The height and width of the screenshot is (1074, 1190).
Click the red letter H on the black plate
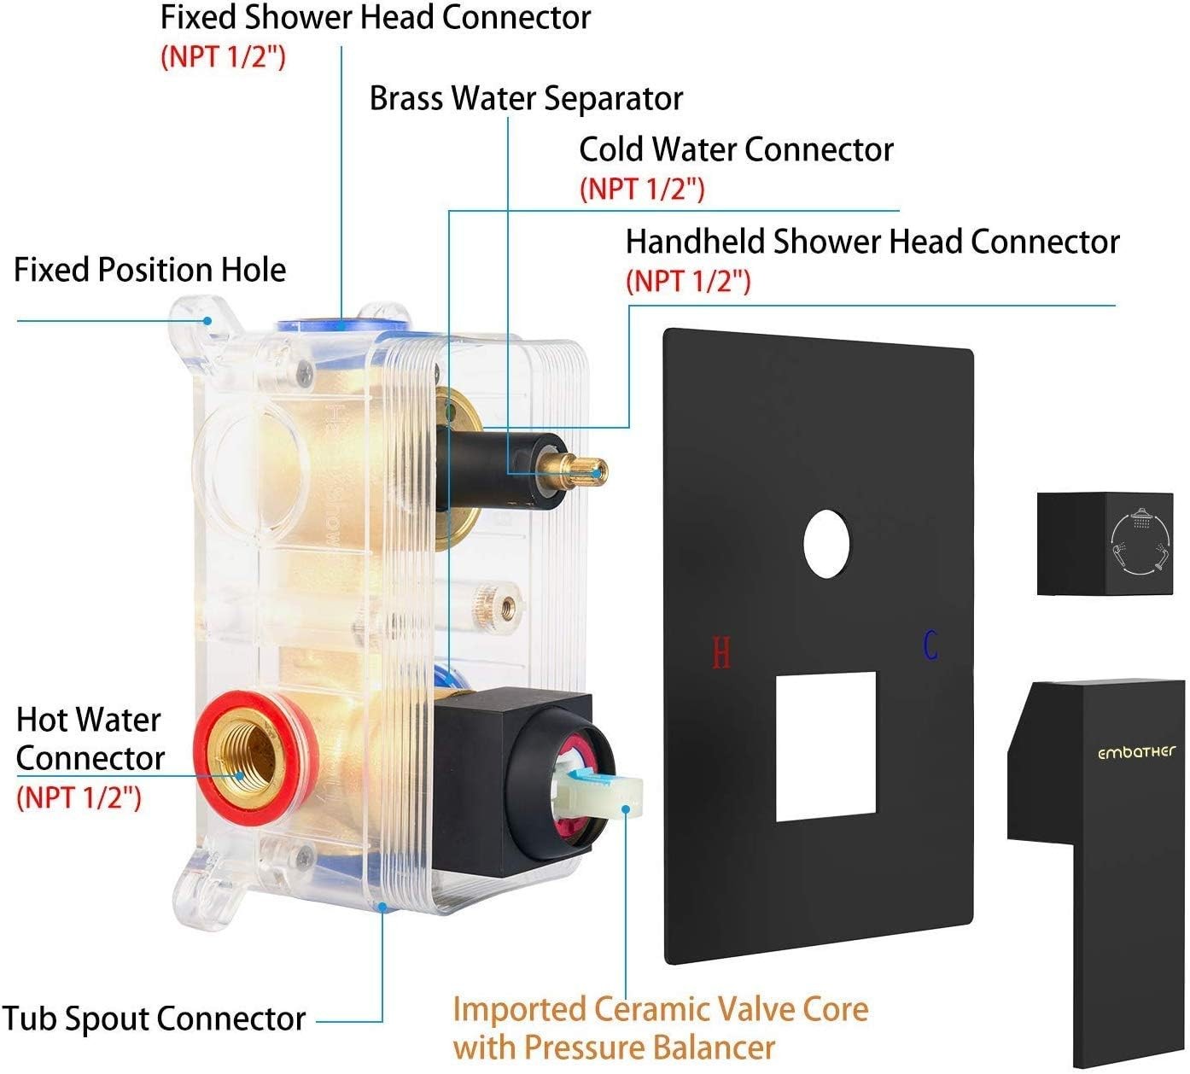tap(721, 653)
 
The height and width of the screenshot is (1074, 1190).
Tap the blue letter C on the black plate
tap(930, 645)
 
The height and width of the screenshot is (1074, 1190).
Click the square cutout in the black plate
tap(825, 746)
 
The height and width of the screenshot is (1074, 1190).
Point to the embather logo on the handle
tap(1136, 752)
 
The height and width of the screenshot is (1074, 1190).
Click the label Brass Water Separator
tap(526, 98)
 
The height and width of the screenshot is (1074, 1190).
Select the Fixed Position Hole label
tap(149, 270)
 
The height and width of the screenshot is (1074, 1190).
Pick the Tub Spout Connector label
tap(154, 1019)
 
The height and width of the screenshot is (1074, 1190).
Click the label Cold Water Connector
tap(736, 149)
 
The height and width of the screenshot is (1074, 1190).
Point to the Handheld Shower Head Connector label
tap(872, 242)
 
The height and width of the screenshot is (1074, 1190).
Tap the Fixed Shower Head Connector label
tap(376, 17)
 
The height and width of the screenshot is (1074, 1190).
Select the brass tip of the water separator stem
tap(589, 468)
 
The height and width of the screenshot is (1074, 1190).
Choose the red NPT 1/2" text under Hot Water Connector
tap(79, 797)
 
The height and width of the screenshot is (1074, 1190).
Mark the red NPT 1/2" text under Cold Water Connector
tap(642, 189)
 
